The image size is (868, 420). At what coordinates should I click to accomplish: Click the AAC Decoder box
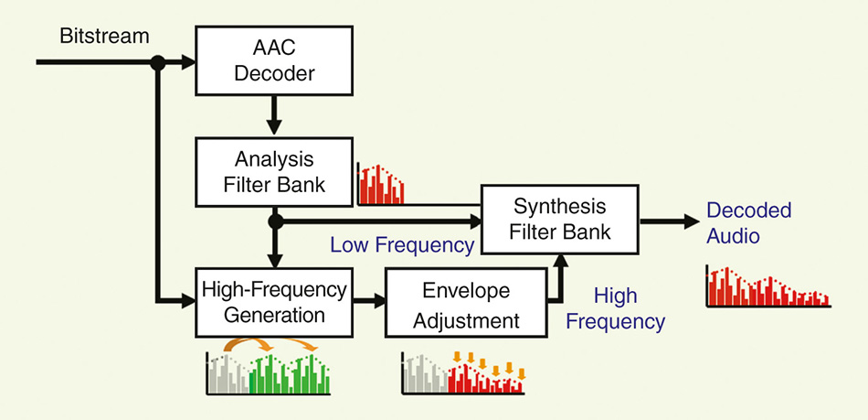275,59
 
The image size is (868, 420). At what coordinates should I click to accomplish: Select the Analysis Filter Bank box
275,172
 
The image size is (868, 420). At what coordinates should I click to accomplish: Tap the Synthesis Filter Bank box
560,220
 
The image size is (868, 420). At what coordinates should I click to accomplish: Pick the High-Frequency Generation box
275,303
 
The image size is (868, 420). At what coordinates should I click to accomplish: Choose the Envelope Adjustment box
466,303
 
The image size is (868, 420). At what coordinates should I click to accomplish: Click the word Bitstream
105,37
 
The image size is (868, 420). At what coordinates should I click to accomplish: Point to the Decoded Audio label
749,222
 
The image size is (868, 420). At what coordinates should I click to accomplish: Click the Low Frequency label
402,245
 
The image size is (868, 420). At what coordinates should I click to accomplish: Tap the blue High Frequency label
616,308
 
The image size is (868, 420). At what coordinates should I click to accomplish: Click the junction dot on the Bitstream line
158,62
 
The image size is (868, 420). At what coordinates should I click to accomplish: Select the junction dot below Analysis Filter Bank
275,221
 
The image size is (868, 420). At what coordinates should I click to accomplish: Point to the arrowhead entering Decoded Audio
692,221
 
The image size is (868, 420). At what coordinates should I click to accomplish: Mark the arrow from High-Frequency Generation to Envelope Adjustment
369,301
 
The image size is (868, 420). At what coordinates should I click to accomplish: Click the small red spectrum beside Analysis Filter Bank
381,185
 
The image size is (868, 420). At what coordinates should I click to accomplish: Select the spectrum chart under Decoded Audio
767,287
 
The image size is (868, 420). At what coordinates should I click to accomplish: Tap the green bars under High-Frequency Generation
289,373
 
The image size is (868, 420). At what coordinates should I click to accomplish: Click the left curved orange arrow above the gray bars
247,342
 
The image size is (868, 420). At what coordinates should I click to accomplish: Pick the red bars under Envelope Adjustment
485,376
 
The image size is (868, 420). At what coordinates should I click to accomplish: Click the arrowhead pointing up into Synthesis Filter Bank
561,262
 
